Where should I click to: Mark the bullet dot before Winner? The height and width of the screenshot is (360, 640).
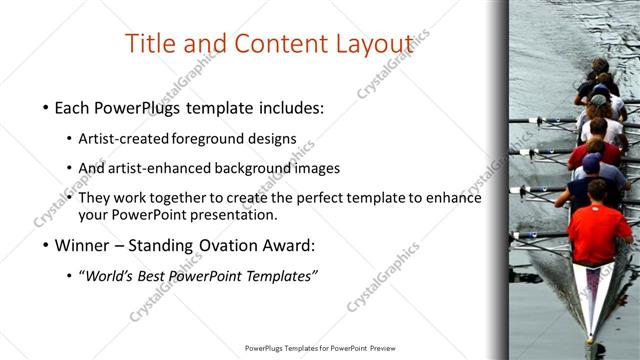pyautogui.click(x=46, y=245)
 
